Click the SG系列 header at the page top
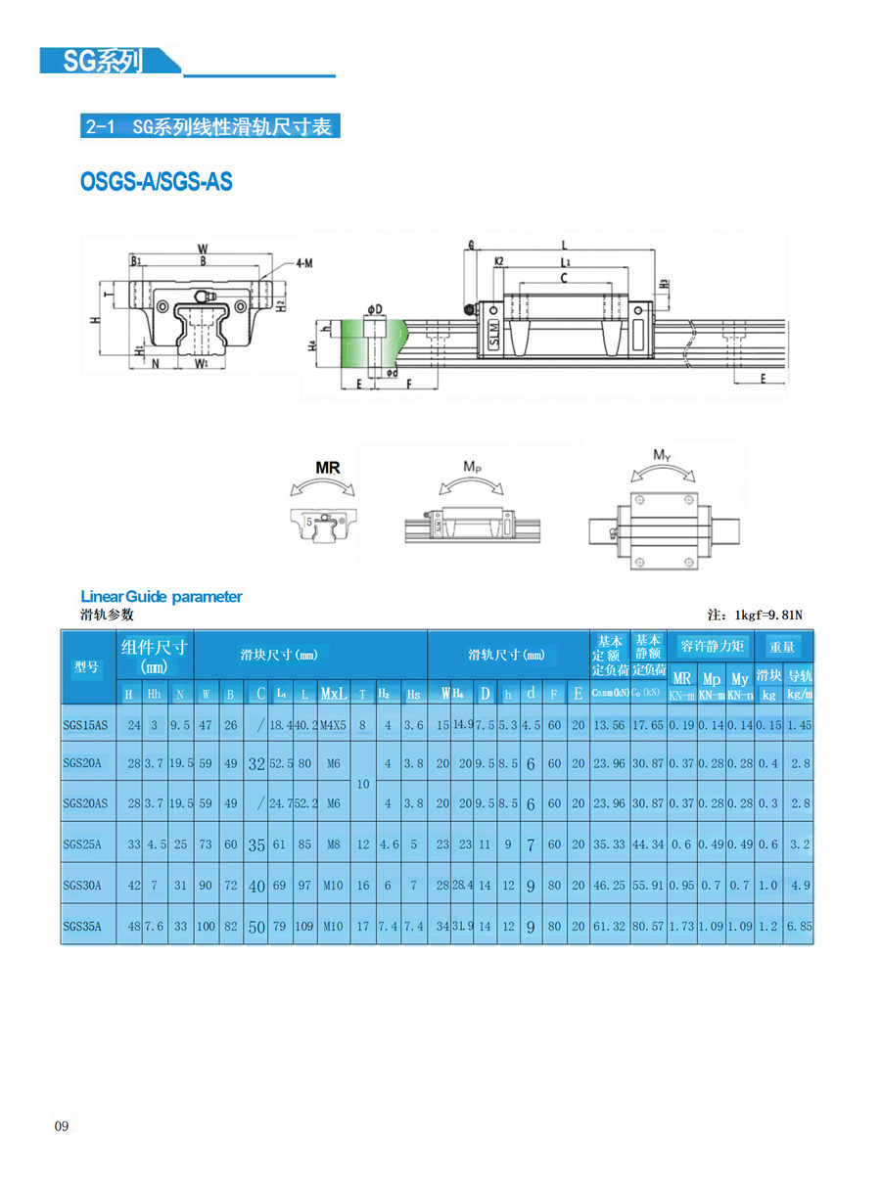[103, 61]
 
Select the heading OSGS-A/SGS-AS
[157, 182]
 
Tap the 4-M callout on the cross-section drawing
[303, 262]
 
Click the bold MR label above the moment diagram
[327, 468]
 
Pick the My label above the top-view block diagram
[662, 455]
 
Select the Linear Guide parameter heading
[161, 596]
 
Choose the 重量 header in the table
[782, 646]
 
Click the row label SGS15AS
[86, 724]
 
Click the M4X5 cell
[334, 724]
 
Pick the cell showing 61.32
[609, 926]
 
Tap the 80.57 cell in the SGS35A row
[647, 926]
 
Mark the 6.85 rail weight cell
[800, 926]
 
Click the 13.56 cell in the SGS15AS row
[609, 724]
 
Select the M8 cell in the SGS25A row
[334, 844]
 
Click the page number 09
[62, 1126]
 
